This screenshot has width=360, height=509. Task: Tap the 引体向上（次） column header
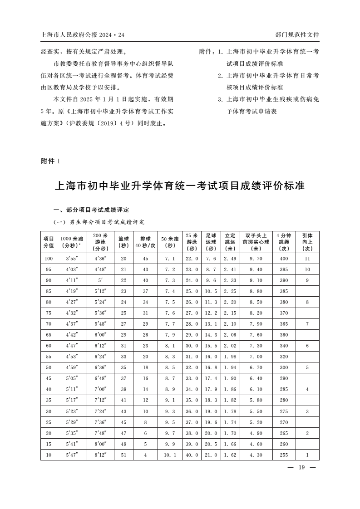coord(307,242)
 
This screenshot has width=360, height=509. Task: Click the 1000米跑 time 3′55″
coord(72,258)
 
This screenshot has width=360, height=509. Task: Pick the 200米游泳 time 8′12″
coord(100,455)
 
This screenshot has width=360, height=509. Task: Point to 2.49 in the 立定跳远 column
coord(230,258)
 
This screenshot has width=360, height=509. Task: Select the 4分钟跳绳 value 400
coord(284,258)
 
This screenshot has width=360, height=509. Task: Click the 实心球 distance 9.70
coord(257,258)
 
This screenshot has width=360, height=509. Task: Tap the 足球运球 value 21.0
coord(211,455)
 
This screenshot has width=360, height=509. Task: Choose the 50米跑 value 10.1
coord(170,455)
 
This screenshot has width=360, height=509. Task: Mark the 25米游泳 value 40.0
coord(192,455)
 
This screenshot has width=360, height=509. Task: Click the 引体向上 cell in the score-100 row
coord(307,258)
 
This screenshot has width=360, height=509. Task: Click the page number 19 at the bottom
coord(301,468)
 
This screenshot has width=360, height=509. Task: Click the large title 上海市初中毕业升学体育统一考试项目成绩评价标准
coord(180,186)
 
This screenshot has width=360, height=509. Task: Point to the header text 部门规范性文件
coord(297,34)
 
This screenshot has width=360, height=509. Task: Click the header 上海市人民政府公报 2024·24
coord(82,34)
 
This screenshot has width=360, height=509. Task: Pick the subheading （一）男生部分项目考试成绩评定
coord(99,222)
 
